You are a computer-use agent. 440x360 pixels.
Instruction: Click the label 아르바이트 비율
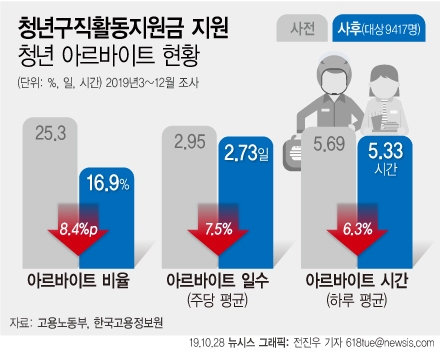click(74, 281)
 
